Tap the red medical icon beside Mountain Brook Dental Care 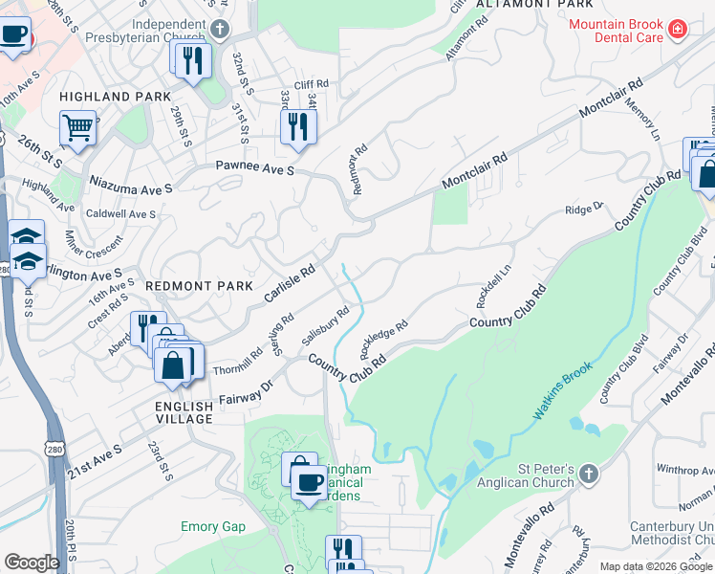tap(678, 28)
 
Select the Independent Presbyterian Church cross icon tap(221, 29)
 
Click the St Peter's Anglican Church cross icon tap(588, 473)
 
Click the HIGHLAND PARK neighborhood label tap(115, 97)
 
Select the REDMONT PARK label tap(199, 286)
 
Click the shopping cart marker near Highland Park tap(77, 127)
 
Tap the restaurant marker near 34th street tap(298, 125)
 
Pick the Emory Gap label tap(213, 527)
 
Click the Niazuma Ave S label tap(130, 183)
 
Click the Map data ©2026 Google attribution tap(656, 566)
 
